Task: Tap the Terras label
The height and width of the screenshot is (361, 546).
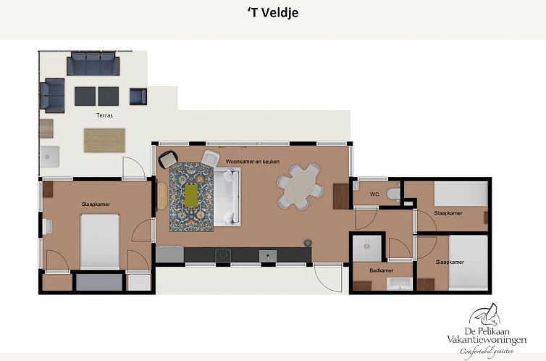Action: click(104, 115)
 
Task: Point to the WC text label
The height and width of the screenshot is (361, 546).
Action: click(374, 194)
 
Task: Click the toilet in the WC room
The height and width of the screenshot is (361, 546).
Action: click(392, 194)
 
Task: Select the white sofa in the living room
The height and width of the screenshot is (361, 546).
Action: click(228, 196)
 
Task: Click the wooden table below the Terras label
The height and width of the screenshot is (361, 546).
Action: click(104, 140)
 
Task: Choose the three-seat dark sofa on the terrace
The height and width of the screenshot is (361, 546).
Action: click(93, 65)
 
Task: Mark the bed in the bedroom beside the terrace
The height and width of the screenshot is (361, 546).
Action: click(100, 241)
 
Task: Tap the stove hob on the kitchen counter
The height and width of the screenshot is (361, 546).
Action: click(222, 255)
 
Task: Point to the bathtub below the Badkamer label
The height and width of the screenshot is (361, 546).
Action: click(398, 283)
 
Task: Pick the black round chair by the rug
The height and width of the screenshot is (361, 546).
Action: click(168, 159)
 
